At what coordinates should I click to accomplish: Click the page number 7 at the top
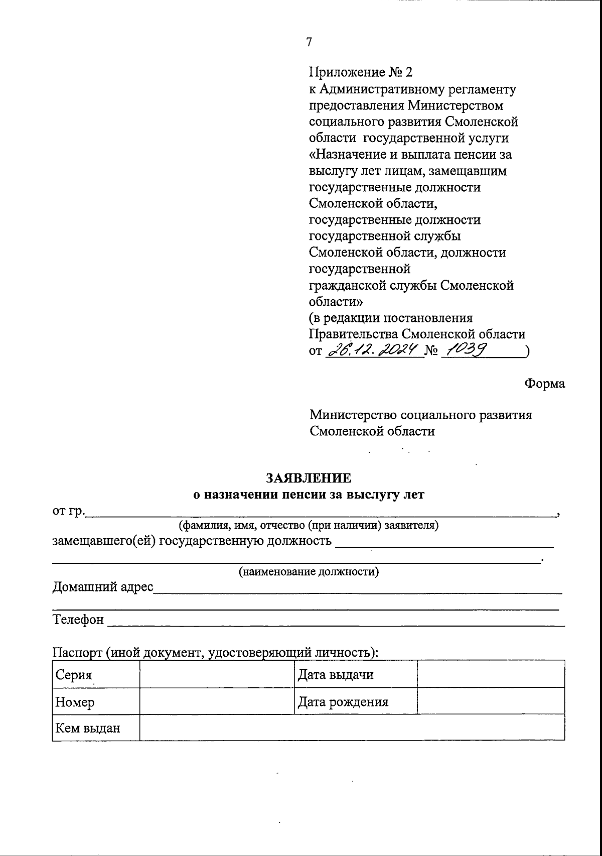tap(309, 42)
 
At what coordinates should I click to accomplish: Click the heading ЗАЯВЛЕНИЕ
tap(309, 477)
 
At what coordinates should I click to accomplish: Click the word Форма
tap(544, 384)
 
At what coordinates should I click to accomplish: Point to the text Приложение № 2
tap(360, 73)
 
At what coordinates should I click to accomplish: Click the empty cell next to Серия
tap(216, 674)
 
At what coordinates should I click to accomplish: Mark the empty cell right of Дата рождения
tap(491, 701)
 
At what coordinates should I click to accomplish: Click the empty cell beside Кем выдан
tap(352, 727)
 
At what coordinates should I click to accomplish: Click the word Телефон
tap(78, 620)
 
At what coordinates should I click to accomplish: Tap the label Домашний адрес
tap(102, 586)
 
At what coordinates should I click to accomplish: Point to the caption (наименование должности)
tap(309, 571)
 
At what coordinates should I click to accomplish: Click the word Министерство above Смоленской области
tap(353, 415)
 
